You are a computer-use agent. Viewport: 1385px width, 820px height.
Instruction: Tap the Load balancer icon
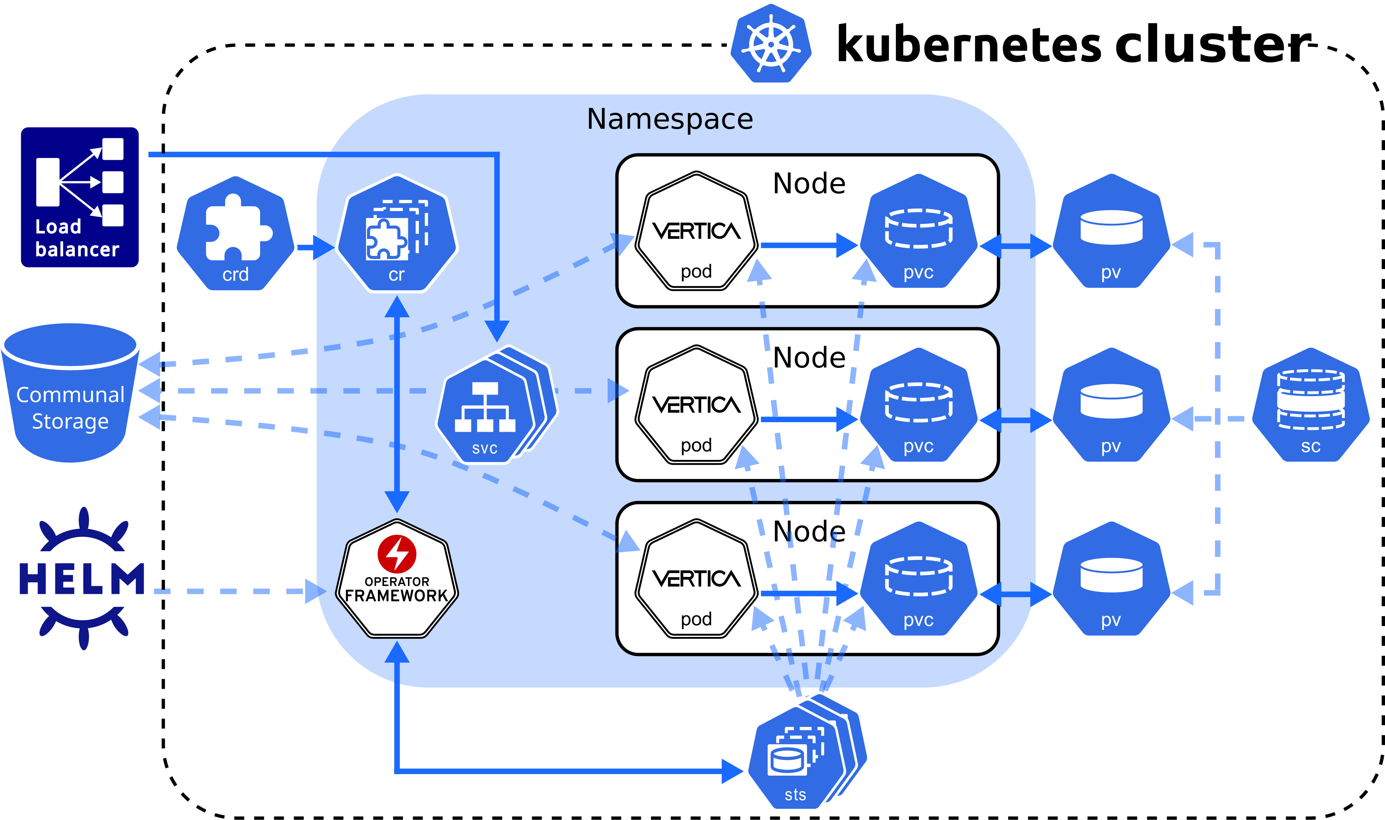pyautogui.click(x=80, y=197)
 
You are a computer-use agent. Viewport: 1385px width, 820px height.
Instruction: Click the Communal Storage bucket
pyautogui.click(x=70, y=393)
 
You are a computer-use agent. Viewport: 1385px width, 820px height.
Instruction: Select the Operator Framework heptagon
pyautogui.click(x=397, y=579)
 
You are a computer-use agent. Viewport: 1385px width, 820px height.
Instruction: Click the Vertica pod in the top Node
pyautogui.click(x=696, y=231)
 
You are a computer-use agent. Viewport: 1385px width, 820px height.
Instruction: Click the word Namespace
pyautogui.click(x=670, y=119)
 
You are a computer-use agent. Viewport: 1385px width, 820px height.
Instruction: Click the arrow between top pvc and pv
pyautogui.click(x=1015, y=247)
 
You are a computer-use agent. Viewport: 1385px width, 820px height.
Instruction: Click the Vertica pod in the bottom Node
pyautogui.click(x=696, y=579)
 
